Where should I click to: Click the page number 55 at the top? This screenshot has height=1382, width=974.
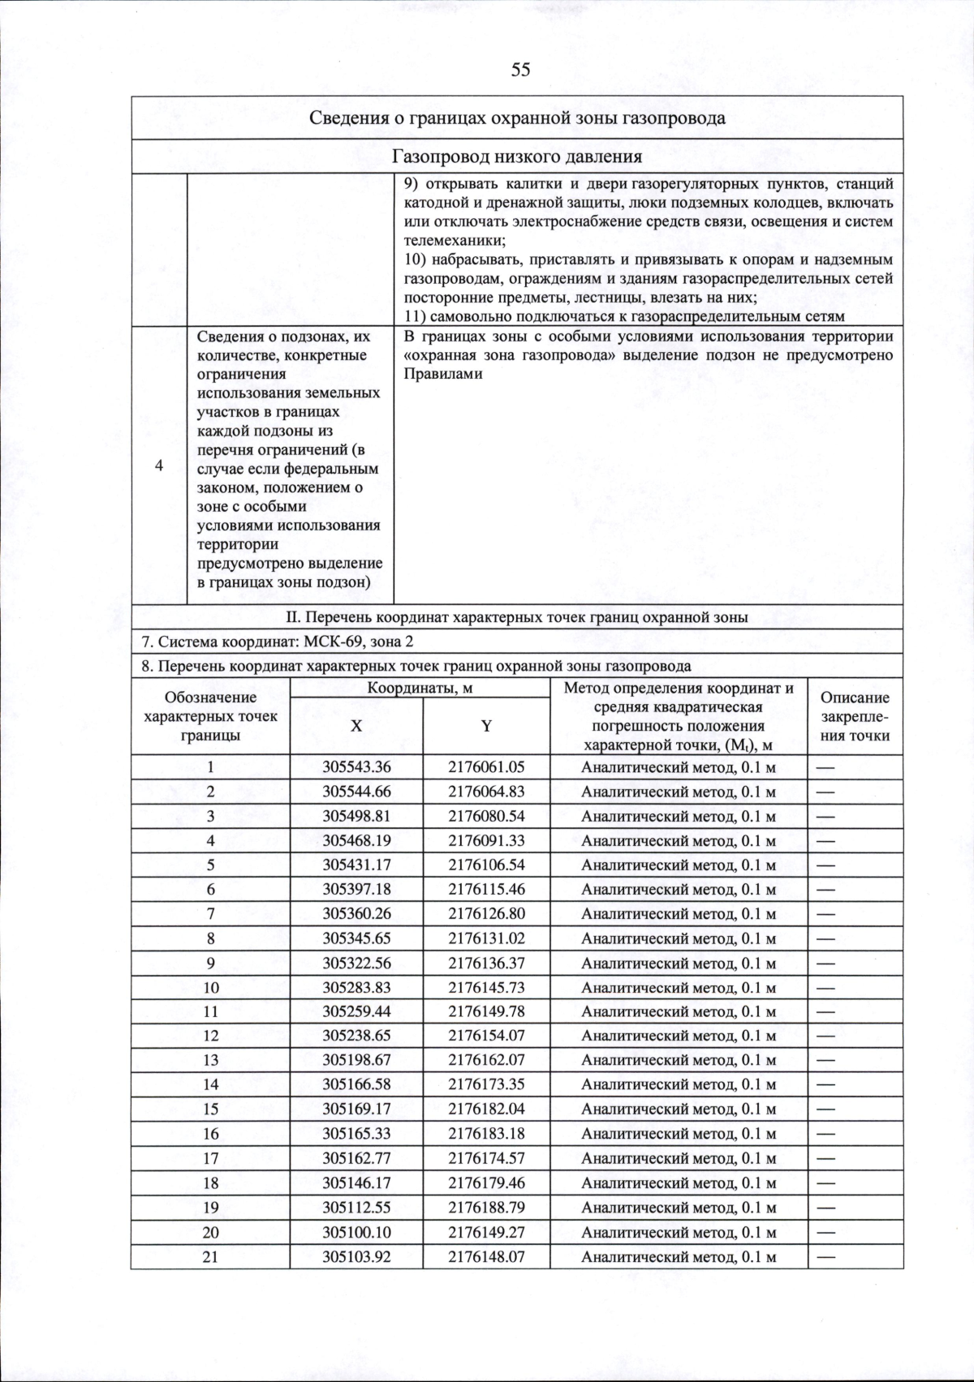coord(520,70)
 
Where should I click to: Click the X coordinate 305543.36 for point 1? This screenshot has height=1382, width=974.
coord(356,767)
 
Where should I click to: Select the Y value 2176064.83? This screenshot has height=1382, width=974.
coord(486,792)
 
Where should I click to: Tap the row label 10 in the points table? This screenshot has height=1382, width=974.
coord(211,988)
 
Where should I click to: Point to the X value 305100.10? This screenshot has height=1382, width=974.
coord(356,1232)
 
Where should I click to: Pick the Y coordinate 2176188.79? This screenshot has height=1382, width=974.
coord(486,1208)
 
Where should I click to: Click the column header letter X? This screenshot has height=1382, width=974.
coord(356,727)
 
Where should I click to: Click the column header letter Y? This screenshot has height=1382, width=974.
coord(486,727)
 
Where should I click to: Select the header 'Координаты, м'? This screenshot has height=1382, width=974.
coord(420,689)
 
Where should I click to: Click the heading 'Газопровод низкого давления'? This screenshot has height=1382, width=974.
coord(517,157)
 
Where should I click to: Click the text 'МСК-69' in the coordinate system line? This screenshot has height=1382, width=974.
coord(330,642)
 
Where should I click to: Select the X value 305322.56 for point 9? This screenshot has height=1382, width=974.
coord(356,963)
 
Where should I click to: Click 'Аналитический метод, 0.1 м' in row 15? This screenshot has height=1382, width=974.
coord(679,1109)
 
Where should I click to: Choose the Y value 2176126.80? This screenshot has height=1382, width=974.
coord(486,914)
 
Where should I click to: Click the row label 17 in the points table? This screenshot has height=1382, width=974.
coord(211,1158)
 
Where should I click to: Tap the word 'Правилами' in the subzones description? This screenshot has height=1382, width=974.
coord(443,375)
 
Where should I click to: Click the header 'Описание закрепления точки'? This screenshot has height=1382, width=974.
coord(855,717)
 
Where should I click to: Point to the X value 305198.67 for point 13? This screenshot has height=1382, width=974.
coord(356,1060)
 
